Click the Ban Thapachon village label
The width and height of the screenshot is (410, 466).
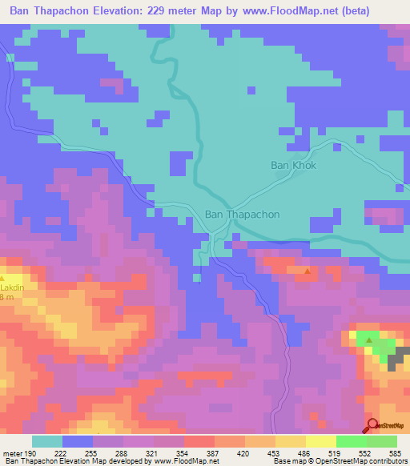coord(243,215)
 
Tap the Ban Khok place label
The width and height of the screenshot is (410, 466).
coord(293,166)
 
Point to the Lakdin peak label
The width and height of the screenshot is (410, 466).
coord(11,285)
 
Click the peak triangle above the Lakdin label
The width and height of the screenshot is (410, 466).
coord(10,277)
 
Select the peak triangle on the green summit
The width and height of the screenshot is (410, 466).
coord(368,339)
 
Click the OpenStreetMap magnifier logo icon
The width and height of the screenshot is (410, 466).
coord(372,424)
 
